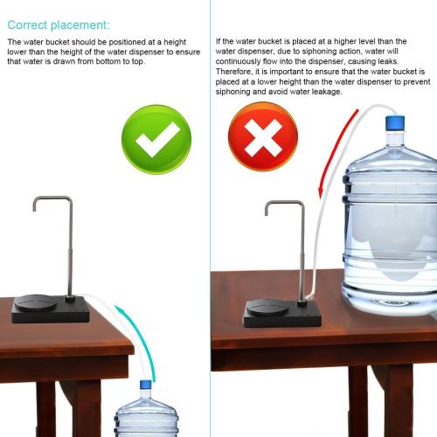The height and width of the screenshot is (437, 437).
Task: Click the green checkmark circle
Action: point(156,138)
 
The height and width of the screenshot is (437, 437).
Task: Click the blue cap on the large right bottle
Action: point(395,124)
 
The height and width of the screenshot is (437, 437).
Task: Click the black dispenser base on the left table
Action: point(52,309)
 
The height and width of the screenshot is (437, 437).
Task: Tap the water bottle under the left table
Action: point(146,415)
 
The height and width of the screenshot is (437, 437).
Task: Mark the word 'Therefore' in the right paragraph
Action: point(234,72)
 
